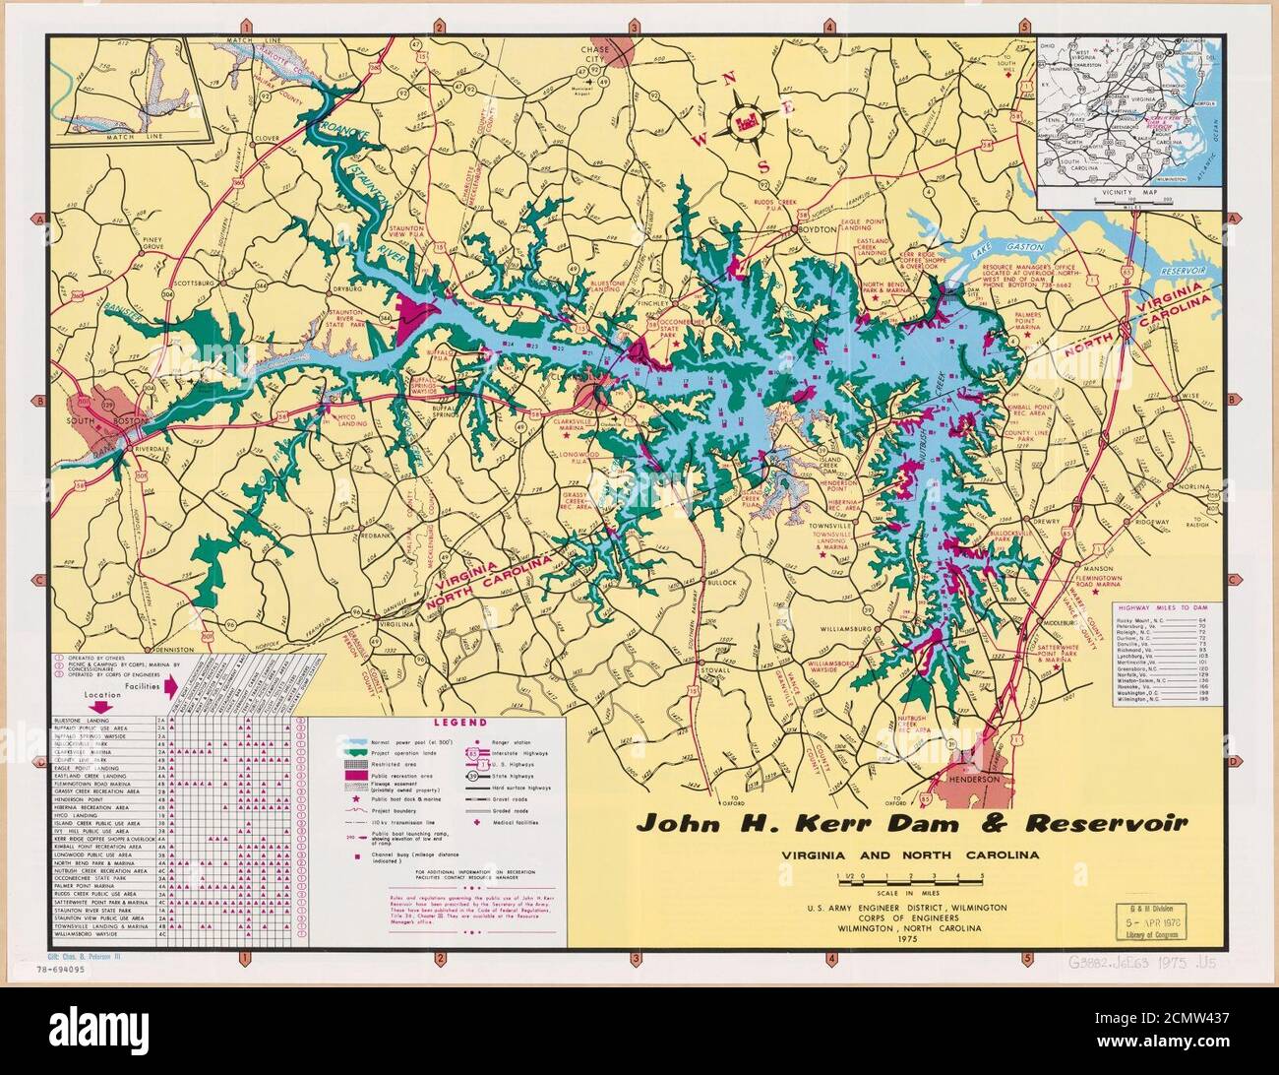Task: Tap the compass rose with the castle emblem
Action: [x=744, y=124]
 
